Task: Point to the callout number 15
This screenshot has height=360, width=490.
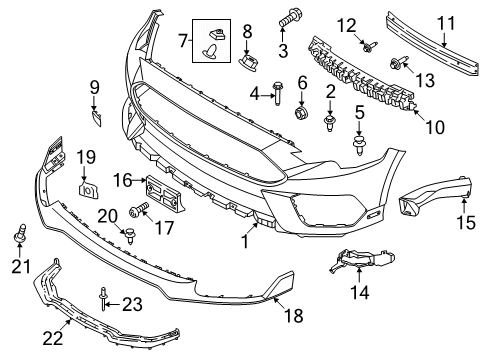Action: tap(465, 220)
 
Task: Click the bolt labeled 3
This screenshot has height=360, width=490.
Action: tap(294, 18)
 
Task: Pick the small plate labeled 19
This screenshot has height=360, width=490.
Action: tap(88, 186)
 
